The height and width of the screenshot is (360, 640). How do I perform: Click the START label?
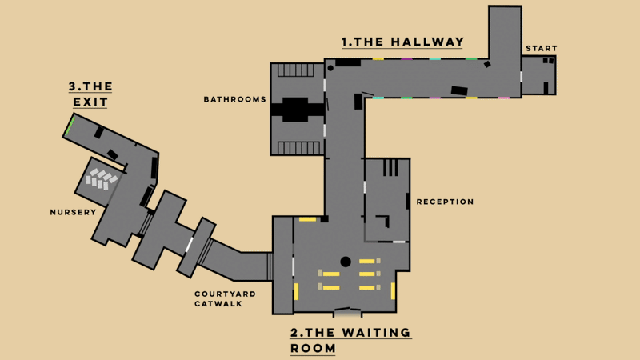542,49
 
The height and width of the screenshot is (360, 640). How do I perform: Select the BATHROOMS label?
234,100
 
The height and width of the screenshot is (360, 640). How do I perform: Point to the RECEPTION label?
446,202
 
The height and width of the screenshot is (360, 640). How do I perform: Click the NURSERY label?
73,212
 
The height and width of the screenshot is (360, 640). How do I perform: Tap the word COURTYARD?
226,294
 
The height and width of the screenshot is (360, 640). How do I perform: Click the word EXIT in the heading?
90,102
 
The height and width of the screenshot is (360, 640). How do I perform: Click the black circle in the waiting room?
346,262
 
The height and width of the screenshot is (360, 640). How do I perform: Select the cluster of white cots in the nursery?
101,178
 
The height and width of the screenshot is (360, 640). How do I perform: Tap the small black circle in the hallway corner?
330,69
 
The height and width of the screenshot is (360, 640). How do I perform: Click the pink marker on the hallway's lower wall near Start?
503,98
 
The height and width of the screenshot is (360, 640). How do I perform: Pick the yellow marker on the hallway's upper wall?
378,58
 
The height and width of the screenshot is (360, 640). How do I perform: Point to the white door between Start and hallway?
522,78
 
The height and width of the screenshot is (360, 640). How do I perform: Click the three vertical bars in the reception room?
390,167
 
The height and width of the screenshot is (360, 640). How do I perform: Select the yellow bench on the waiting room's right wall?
393,290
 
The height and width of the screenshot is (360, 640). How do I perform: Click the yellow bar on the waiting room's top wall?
307,218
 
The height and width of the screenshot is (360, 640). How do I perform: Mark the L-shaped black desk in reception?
383,221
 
